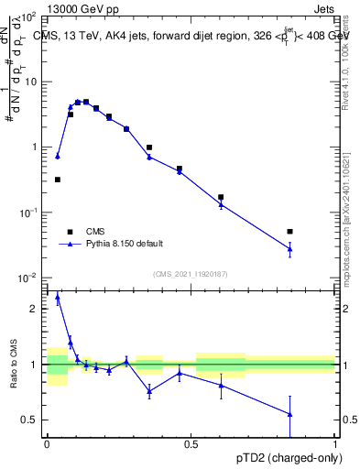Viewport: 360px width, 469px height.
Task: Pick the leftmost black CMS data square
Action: (x=58, y=180)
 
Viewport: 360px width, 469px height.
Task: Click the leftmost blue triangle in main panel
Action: (x=58, y=156)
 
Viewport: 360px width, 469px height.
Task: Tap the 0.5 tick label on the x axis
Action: (x=191, y=442)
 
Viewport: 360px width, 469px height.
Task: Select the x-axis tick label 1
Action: (x=335, y=442)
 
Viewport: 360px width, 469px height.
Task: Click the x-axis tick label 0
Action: (x=47, y=442)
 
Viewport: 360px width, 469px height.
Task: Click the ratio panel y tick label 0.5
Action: (x=30, y=420)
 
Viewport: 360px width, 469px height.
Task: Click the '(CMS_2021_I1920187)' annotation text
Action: (x=191, y=274)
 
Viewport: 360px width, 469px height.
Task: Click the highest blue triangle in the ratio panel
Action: (x=58, y=297)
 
